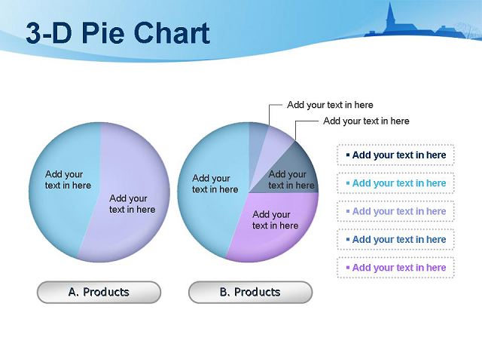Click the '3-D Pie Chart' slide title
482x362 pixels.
(x=117, y=32)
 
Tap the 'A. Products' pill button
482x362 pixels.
(x=99, y=292)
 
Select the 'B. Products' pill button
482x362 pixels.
(x=250, y=292)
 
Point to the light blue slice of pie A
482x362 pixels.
(x=65, y=191)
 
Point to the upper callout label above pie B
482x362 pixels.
(x=330, y=105)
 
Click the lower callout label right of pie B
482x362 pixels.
(x=366, y=121)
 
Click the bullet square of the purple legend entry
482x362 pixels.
(x=348, y=268)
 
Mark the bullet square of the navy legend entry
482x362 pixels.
(x=348, y=155)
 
